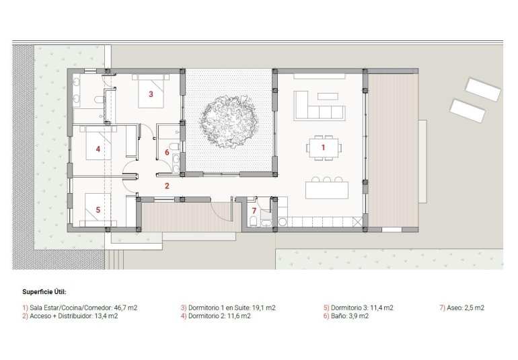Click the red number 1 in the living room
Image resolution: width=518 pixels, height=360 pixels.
click(x=323, y=146)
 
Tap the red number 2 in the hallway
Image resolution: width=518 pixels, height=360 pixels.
click(x=168, y=185)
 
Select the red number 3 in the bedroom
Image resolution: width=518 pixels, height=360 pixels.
click(x=151, y=94)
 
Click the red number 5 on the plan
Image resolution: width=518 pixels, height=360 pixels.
click(x=98, y=210)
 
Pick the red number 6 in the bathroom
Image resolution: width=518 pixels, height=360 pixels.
click(x=167, y=152)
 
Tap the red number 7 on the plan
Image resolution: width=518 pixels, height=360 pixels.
click(x=254, y=211)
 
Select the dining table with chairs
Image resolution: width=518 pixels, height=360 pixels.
click(x=324, y=147)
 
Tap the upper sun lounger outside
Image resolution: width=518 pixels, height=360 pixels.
click(x=482, y=89)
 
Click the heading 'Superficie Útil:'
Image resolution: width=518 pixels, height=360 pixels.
click(x=44, y=291)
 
